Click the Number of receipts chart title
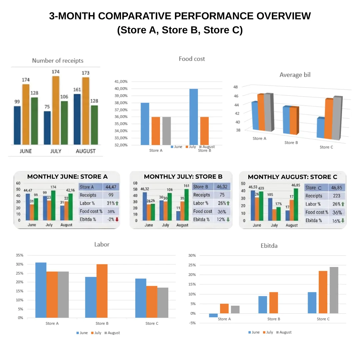tap(58, 61)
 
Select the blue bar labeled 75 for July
tap(47, 128)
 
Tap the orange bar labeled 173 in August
tap(86, 111)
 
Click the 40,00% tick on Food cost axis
tap(121, 89)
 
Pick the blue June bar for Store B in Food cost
tap(193, 117)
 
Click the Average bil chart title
tap(295, 75)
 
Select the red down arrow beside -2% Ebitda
tap(117, 219)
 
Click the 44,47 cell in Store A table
tap(111, 187)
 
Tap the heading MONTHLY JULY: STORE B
tap(183, 177)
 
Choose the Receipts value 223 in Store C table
tap(337, 196)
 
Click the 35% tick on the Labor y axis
tap(19, 255)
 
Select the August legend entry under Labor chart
tap(112, 333)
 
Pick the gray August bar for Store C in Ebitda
tap(334, 290)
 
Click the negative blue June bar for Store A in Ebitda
tap(213, 315)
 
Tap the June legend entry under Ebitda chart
tap(254, 332)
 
